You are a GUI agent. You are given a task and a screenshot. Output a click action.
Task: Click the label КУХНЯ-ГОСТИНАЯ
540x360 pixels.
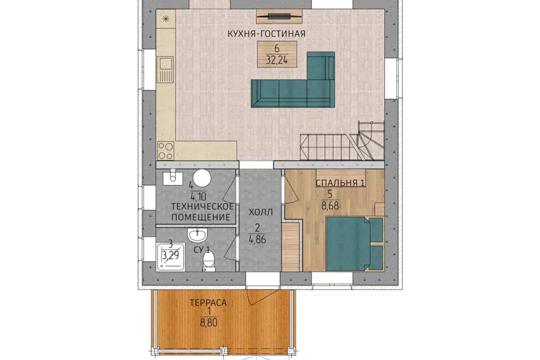point(267,34)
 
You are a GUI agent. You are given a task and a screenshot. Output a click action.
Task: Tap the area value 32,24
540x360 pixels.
point(277,60)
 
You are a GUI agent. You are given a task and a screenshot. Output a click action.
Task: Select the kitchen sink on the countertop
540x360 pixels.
point(165,70)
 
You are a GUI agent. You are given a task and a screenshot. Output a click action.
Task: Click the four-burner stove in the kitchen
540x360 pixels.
point(165,151)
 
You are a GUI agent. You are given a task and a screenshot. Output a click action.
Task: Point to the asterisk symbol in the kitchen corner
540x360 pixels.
point(165,19)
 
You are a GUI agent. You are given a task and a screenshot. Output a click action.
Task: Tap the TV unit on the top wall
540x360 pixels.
point(280,16)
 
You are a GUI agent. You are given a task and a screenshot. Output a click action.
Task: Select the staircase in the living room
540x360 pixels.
point(342,141)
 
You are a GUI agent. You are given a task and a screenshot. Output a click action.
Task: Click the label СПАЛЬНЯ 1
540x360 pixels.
point(340,183)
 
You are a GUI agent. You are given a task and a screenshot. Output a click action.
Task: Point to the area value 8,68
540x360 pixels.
point(330,206)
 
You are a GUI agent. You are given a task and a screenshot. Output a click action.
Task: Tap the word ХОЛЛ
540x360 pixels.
point(260,212)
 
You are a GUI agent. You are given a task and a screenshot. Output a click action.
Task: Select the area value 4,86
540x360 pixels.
point(257,239)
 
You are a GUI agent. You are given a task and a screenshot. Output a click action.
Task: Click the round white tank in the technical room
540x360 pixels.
point(202,178)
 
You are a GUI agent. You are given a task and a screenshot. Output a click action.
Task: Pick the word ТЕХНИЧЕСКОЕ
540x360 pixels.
point(202,206)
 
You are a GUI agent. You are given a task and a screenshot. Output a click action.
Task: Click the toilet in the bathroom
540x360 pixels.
point(208,260)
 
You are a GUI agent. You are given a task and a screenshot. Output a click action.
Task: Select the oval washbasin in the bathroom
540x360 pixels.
point(197,235)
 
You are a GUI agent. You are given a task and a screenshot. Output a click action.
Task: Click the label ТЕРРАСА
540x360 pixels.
point(208,303)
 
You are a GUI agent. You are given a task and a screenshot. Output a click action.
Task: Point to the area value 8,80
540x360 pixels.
point(209,323)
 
